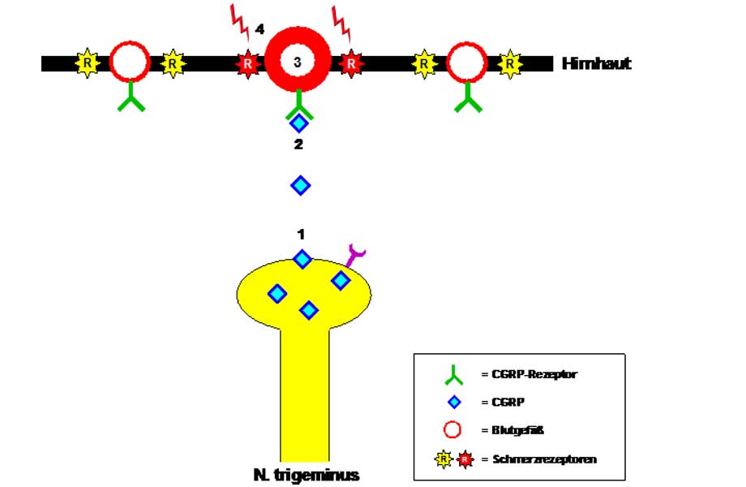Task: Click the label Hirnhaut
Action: [596, 63]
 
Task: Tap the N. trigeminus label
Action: [306, 475]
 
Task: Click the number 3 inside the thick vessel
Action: [298, 62]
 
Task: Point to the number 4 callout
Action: [259, 29]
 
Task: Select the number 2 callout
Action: [298, 145]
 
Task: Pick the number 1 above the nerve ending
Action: [301, 234]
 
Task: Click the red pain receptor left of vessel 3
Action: [247, 63]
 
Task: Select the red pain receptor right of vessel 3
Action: [350, 63]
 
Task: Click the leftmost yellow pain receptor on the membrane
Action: [87, 63]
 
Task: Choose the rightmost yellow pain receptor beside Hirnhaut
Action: [510, 63]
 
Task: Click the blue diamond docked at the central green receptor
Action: [299, 123]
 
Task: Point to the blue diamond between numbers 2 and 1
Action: [301, 185]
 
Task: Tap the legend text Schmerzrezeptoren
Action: [544, 459]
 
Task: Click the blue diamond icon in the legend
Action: [455, 402]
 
